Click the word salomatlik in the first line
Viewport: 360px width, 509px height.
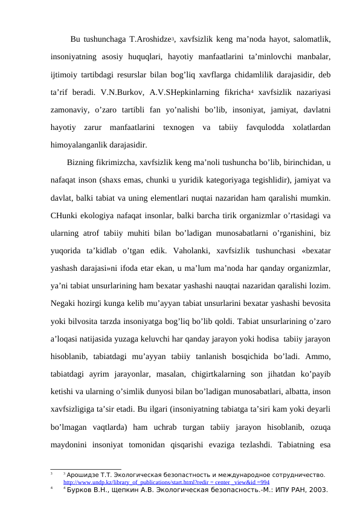tap(310, 40)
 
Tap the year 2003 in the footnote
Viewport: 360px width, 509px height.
tap(316, 491)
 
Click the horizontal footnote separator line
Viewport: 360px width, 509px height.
tap(85, 468)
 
